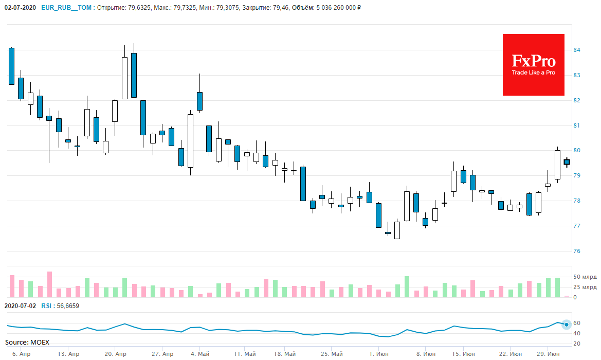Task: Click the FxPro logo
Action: [533, 65]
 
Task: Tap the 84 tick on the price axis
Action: [577, 50]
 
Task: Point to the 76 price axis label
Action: [577, 251]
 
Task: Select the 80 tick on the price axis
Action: [577, 151]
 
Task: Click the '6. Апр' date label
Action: [21, 354]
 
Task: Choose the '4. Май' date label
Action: [200, 354]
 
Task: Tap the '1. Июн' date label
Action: [379, 354]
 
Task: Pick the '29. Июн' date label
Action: [549, 354]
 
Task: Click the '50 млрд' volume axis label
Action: [586, 277]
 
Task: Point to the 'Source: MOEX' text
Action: [27, 342]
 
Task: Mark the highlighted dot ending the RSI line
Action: [567, 325]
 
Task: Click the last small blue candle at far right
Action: [567, 162]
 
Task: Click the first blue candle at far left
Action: [11, 66]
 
